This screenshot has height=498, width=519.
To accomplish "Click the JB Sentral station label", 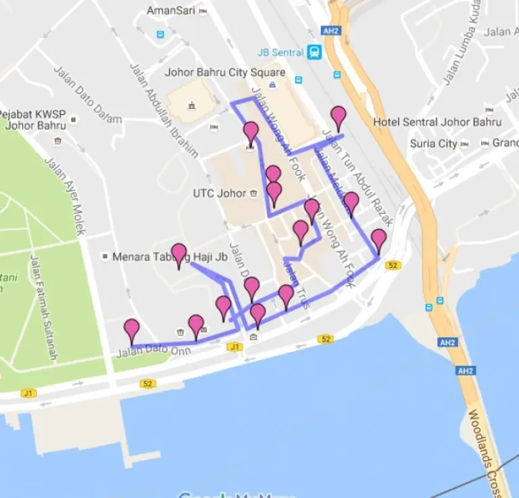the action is click(x=279, y=52).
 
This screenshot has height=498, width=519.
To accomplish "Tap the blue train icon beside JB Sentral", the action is click(x=314, y=52).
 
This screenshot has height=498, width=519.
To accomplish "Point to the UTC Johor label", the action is click(x=220, y=194).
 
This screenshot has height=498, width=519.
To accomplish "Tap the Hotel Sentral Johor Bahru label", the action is click(x=437, y=122).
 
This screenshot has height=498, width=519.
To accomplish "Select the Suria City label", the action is click(x=433, y=143).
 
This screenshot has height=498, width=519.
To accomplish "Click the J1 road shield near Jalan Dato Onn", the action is click(x=234, y=347).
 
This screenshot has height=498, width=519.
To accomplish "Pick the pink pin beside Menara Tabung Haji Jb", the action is click(x=179, y=254).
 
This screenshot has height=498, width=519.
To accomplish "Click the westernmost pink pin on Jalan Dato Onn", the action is click(x=132, y=330).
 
